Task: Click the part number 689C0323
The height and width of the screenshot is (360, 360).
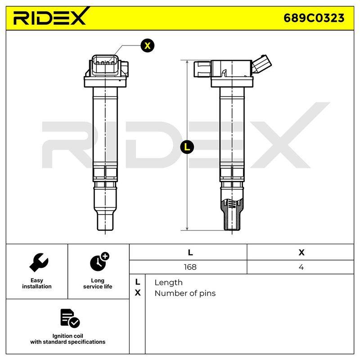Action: (x=314, y=18)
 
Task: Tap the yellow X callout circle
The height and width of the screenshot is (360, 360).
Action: (x=148, y=45)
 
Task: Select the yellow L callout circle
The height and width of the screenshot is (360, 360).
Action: (x=187, y=147)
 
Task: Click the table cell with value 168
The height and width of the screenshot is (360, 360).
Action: (x=190, y=267)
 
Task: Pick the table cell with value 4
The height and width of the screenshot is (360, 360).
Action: (x=301, y=267)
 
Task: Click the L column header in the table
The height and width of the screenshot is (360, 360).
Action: (x=190, y=252)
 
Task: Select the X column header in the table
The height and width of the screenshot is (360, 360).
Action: (x=301, y=252)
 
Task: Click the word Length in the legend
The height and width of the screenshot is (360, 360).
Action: (x=168, y=283)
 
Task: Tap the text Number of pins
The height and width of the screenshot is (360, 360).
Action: (x=185, y=293)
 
